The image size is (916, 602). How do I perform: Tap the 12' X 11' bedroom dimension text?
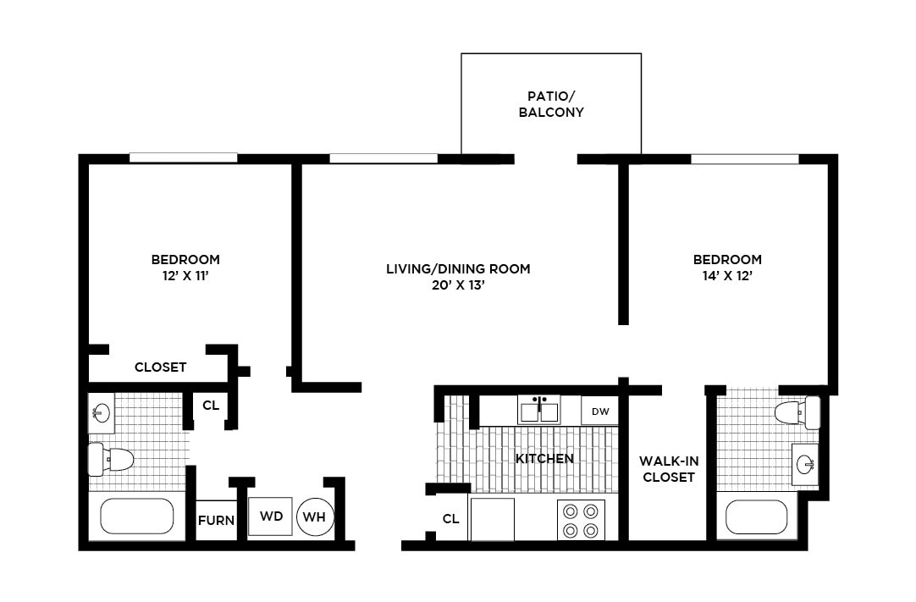click(x=185, y=275)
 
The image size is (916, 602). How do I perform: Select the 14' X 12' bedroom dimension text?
click(x=727, y=275)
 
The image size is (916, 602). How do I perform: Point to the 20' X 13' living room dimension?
click(x=458, y=285)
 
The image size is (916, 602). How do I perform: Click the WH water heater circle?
click(x=315, y=516)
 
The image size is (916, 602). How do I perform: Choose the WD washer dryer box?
click(x=270, y=516)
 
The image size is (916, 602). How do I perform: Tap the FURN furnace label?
click(x=216, y=520)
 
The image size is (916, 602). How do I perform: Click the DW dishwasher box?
click(x=600, y=411)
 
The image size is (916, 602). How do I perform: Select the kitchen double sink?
click(x=539, y=410)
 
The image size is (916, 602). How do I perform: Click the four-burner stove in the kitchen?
click(x=582, y=520)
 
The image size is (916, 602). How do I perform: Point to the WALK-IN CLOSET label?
click(x=668, y=468)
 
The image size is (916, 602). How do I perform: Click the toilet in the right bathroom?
click(x=797, y=413)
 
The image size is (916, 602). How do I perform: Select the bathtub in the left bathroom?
click(x=137, y=516)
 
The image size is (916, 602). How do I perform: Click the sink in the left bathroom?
click(x=101, y=414)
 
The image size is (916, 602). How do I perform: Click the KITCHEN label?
click(x=544, y=458)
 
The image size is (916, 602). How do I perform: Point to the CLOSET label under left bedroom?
click(x=160, y=367)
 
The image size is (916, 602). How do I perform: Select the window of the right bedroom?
click(x=745, y=158)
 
